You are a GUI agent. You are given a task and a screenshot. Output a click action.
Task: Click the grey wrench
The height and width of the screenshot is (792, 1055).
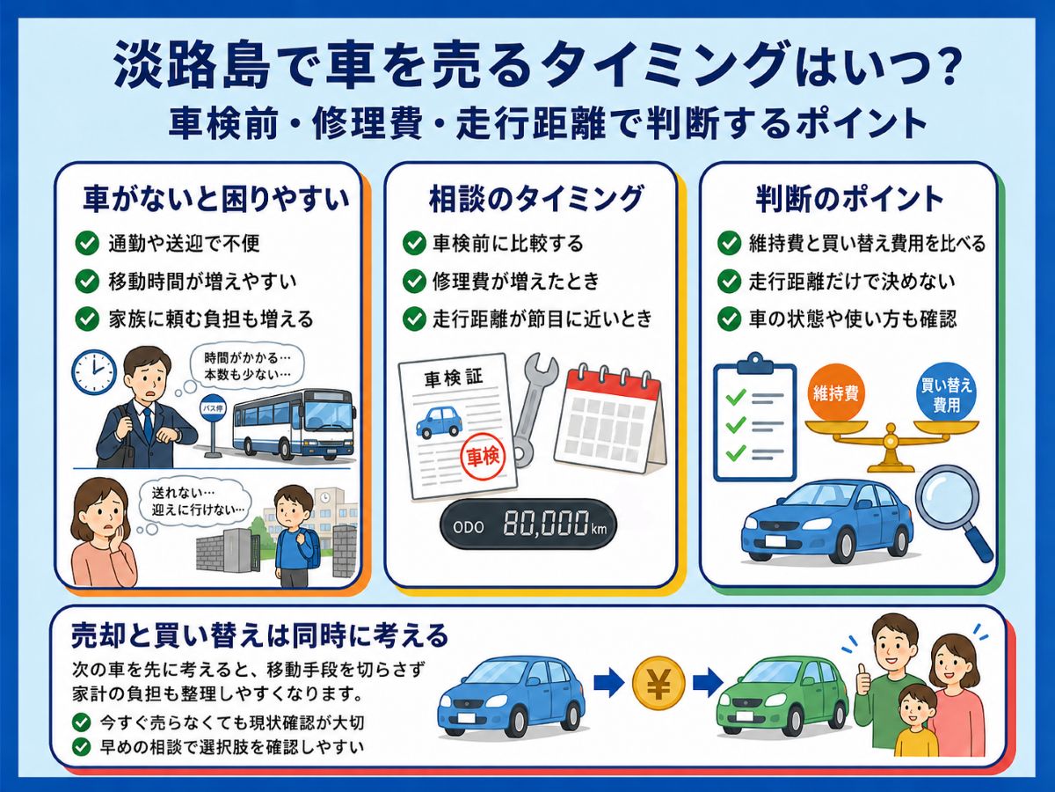(x=534, y=407)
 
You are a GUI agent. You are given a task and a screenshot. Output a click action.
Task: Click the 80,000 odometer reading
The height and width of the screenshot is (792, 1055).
(x=546, y=524)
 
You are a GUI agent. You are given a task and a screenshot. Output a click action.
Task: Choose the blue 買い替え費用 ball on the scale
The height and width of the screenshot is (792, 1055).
(x=946, y=392)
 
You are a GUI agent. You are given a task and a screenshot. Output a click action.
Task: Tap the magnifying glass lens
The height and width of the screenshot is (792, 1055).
(x=947, y=495)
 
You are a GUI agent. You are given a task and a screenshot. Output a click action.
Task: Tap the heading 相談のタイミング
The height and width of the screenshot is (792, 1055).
(x=535, y=199)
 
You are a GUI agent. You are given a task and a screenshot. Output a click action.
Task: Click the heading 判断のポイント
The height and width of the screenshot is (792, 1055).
(x=849, y=199)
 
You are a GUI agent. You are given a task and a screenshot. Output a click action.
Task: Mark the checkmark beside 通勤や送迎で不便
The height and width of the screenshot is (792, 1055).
(x=87, y=244)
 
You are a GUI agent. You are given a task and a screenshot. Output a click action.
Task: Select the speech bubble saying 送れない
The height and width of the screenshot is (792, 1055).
(x=194, y=501)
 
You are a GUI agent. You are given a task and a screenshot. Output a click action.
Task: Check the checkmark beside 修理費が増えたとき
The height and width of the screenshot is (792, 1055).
(x=414, y=282)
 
